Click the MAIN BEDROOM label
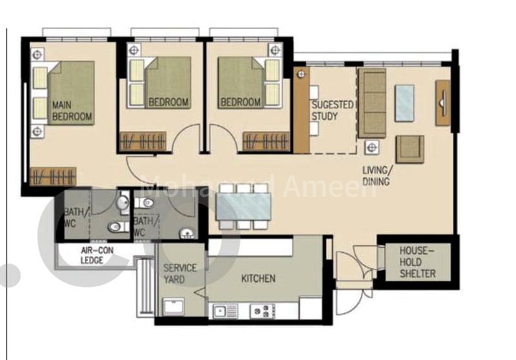coord(72,111)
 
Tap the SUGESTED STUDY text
coord(332,110)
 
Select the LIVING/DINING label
coord(377,176)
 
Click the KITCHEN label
coord(258,279)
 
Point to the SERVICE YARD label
coord(180,274)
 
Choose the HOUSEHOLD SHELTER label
coord(417,261)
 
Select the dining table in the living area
coord(243,207)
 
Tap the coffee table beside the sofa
coord(404,103)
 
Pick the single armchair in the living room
coord(410,148)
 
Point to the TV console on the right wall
coord(442,103)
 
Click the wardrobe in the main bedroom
coord(54,176)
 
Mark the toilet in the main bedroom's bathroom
coord(115,226)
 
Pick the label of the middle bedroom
coord(168,102)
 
